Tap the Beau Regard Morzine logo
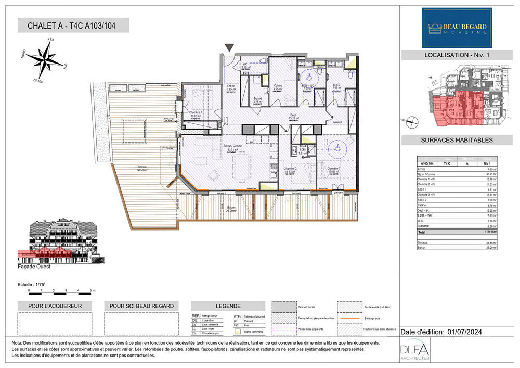(x=457, y=28)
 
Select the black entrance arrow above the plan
(x=229, y=48)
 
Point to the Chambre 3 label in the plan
(x=334, y=169)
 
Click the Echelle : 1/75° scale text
(x=33, y=285)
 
